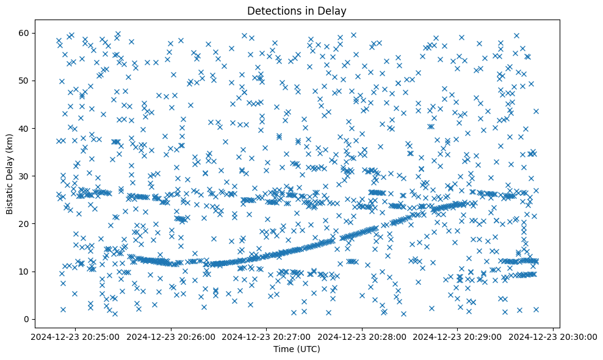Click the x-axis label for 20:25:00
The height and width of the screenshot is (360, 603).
pos(76,336)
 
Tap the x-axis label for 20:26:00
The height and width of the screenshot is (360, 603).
pos(171,336)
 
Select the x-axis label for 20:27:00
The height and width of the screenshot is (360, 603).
pos(267,336)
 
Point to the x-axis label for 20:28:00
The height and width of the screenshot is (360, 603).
pos(362,336)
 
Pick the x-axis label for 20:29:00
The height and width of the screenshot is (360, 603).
pos(458,336)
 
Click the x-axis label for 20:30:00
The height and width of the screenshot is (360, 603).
pos(553,336)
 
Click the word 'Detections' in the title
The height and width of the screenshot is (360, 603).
pos(270,11)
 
